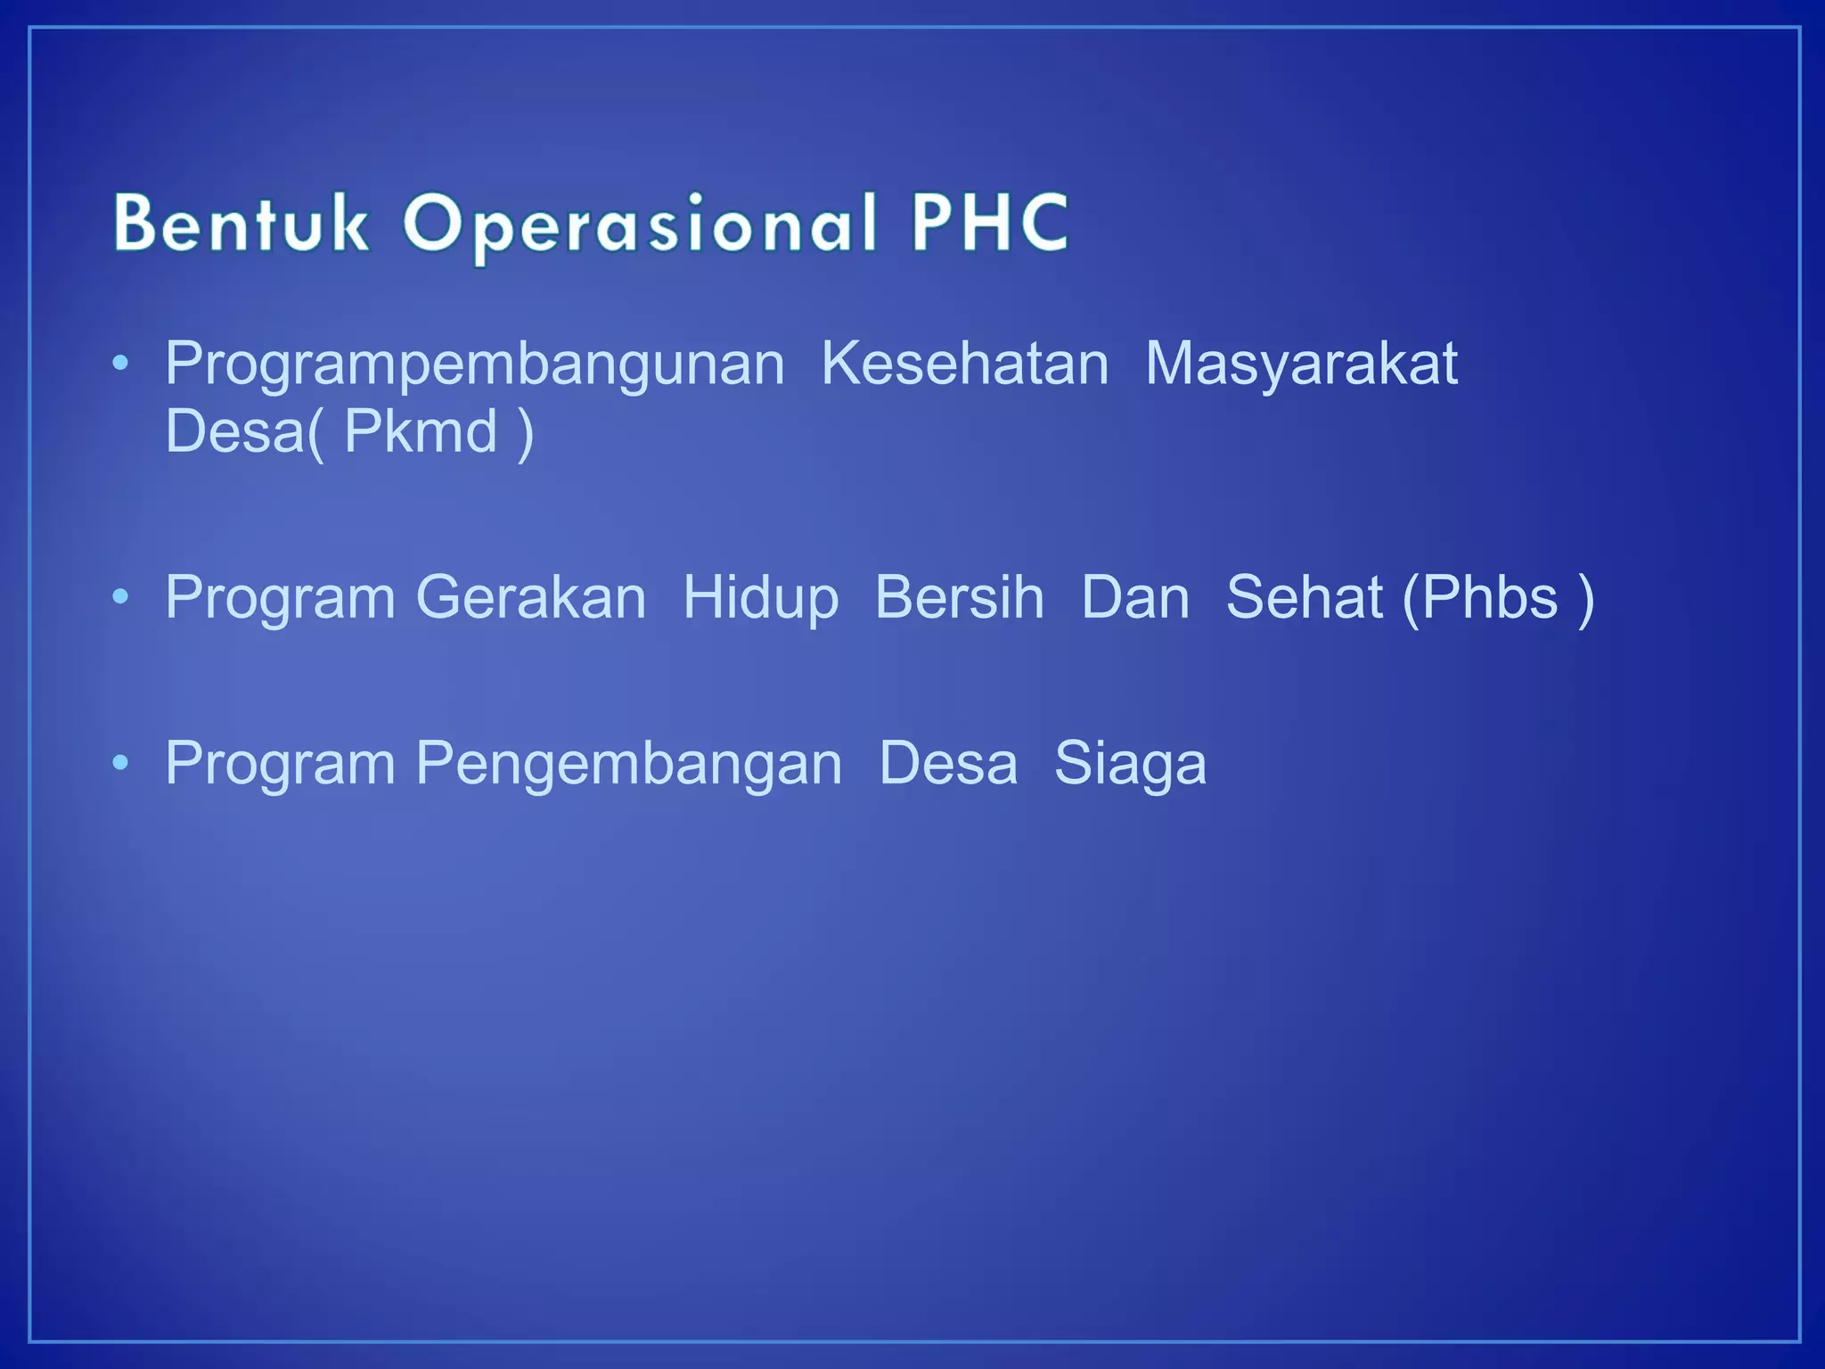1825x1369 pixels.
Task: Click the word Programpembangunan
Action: tap(474, 365)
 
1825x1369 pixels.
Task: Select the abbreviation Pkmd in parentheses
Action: tap(421, 431)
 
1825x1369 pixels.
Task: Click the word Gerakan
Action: tap(531, 597)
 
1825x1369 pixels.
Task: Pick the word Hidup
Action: tap(760, 597)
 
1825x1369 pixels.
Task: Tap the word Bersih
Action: tap(959, 597)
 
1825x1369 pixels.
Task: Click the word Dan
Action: tap(1135, 597)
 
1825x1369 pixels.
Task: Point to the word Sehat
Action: tap(1304, 597)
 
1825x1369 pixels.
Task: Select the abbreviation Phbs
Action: tap(1489, 597)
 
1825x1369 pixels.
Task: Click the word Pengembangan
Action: tap(628, 765)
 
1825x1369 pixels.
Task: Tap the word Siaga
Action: tap(1130, 765)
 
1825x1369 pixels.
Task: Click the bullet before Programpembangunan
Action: tap(121, 364)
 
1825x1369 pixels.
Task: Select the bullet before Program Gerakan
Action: tap(121, 597)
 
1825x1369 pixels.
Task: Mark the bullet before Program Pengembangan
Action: tap(121, 764)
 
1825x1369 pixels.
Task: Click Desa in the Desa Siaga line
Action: tap(948, 764)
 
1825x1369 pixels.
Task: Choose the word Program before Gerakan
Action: tap(280, 597)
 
